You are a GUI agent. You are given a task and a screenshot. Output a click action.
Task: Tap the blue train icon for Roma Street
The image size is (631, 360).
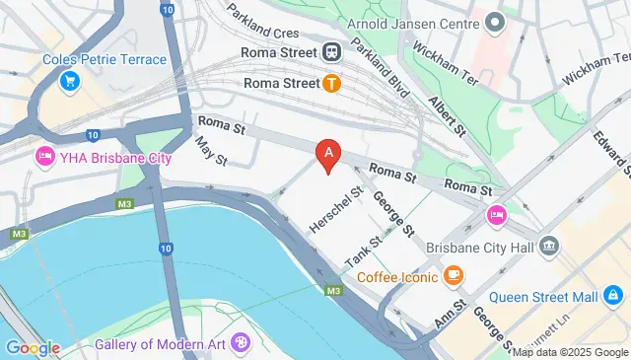point(332,52)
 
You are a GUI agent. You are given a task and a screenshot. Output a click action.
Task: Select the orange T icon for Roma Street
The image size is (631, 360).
point(332,84)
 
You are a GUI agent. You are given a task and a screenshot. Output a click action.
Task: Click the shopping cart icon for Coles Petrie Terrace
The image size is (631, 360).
point(70,81)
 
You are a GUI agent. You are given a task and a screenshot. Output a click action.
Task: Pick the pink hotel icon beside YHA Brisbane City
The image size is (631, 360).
point(44,157)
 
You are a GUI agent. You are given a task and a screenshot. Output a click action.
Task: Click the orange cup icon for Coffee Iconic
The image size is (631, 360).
point(454,275)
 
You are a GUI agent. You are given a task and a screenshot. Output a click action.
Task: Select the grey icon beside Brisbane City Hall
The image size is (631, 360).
point(550,244)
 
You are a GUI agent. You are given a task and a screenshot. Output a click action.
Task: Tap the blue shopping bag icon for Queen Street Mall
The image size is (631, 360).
point(612,296)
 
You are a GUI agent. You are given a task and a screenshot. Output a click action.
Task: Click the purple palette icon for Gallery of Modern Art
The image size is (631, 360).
point(241,343)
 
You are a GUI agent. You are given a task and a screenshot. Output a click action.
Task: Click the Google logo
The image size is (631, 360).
point(33,347)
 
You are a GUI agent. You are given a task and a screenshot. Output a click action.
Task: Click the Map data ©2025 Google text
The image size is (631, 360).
point(569,352)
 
